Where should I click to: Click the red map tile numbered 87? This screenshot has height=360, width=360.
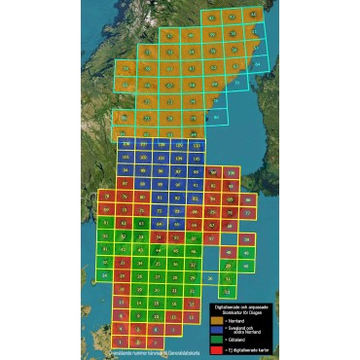[126, 183]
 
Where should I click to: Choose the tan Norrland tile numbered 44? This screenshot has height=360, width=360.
[254, 17]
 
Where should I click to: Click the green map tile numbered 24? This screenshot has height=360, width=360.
[105, 276]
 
